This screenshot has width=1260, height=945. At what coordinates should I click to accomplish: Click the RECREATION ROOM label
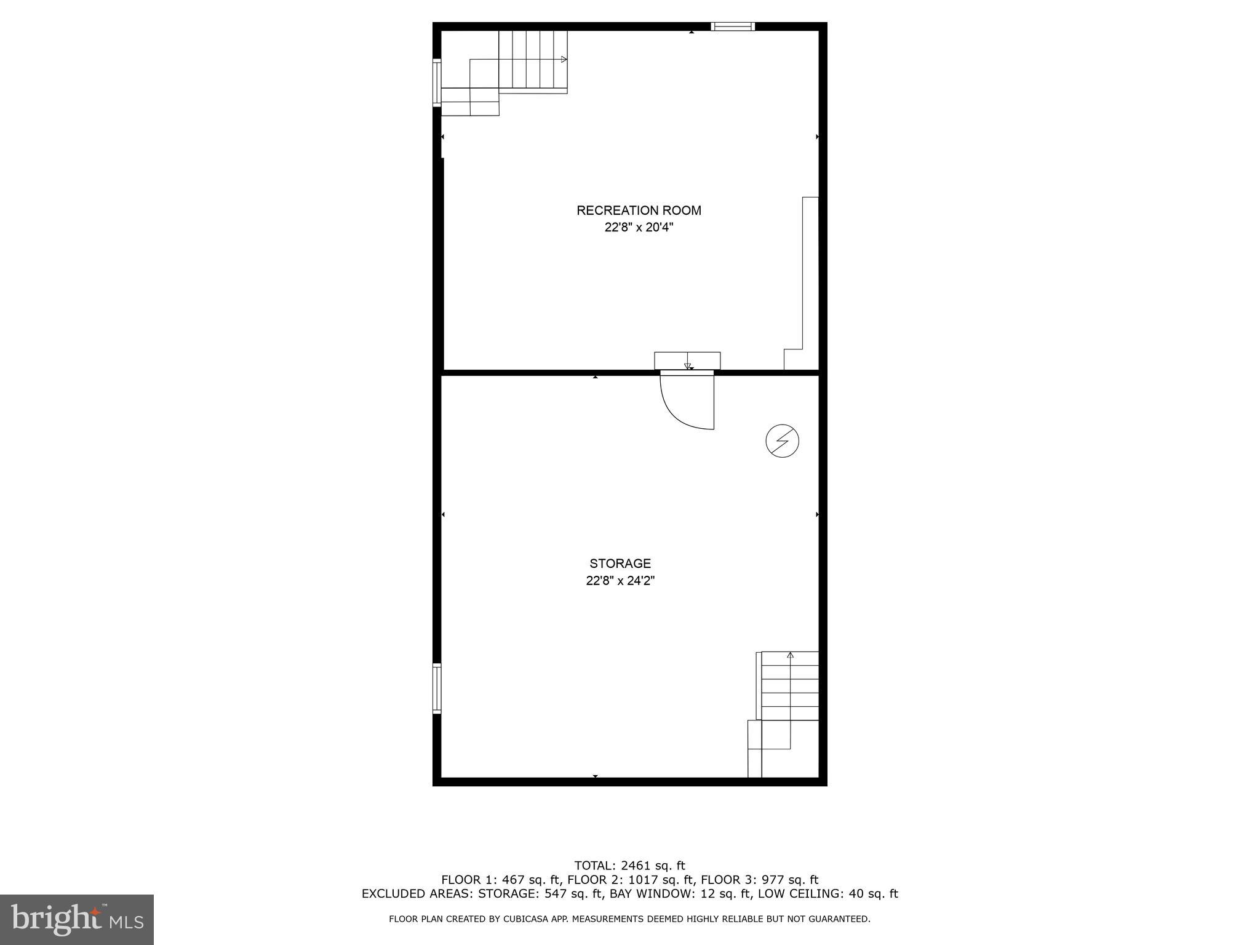click(639, 210)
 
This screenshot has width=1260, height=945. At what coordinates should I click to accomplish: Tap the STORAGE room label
click(620, 563)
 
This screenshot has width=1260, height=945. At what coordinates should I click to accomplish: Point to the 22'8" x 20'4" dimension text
click(639, 228)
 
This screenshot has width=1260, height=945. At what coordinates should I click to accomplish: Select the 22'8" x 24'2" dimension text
click(620, 580)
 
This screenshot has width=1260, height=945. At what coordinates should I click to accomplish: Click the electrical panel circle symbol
click(782, 441)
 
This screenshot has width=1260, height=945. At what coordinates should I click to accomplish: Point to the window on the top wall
click(732, 26)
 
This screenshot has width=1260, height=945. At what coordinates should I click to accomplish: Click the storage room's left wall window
click(437, 688)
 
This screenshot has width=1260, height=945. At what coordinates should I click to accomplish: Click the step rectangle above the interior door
click(687, 361)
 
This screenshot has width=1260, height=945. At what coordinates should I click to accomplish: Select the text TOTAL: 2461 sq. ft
click(629, 866)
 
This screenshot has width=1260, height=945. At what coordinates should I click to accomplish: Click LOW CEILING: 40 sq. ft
click(828, 894)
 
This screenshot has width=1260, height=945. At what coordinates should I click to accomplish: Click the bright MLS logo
click(77, 919)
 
